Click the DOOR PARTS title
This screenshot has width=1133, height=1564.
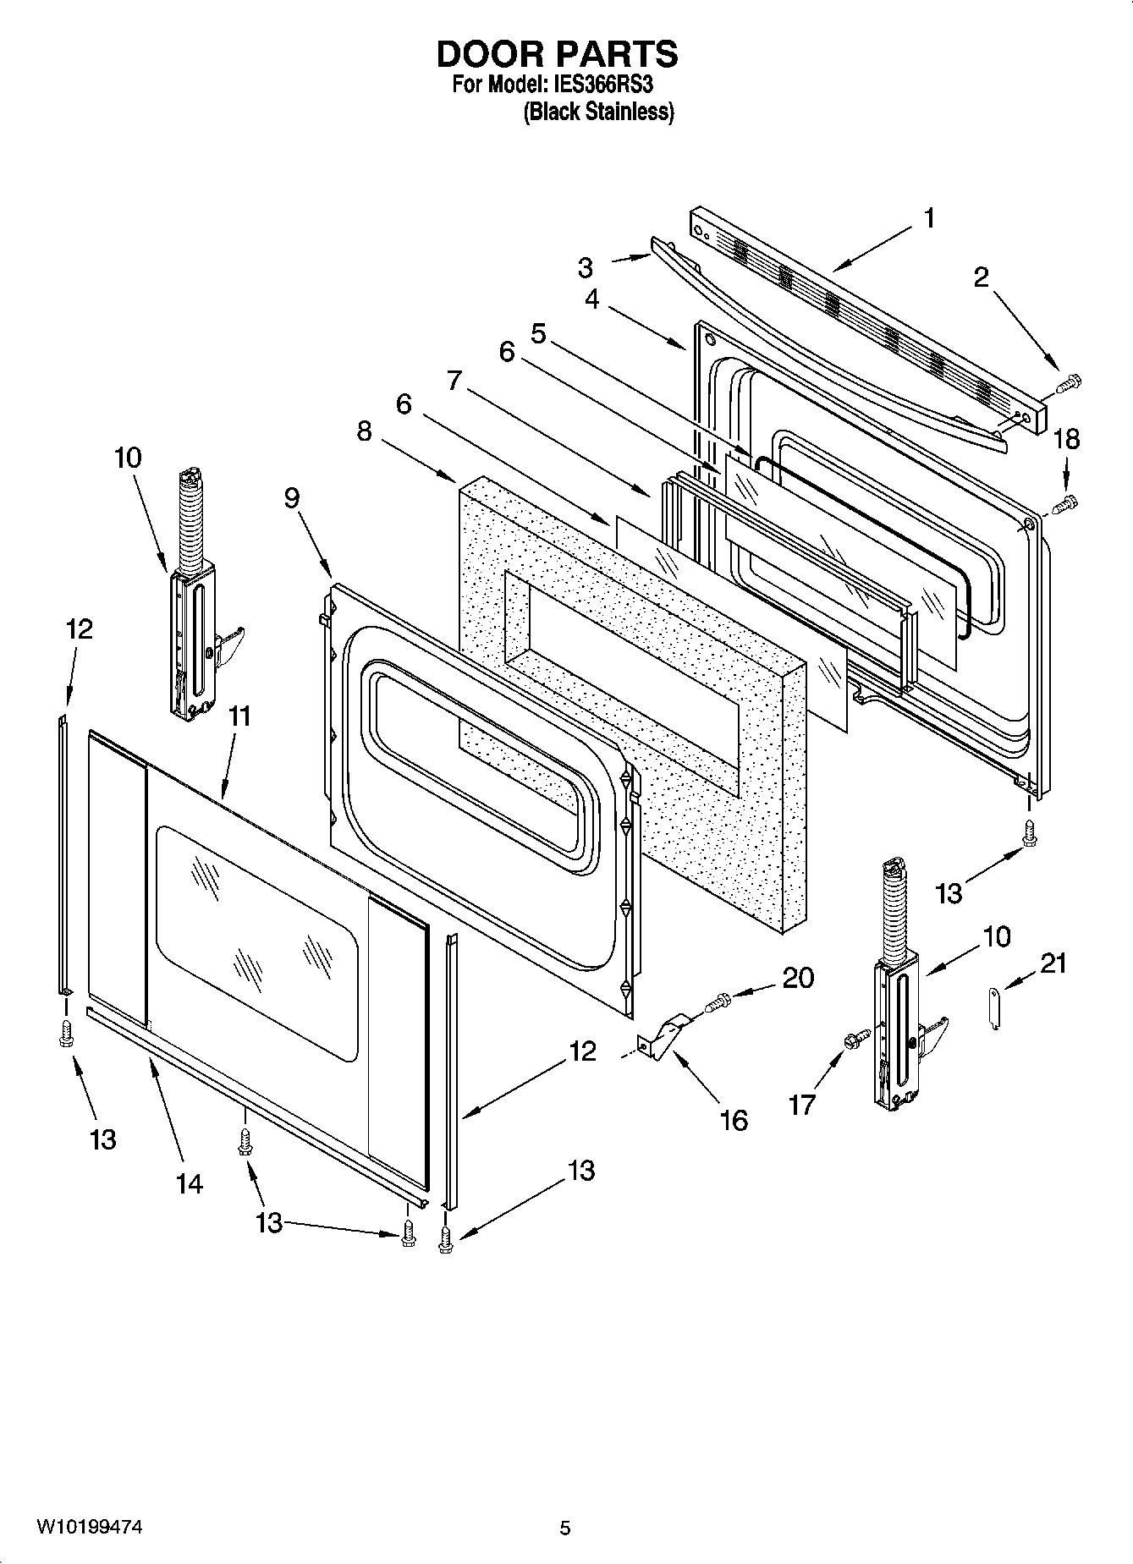[x=557, y=54]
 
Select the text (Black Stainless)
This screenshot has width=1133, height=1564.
[x=598, y=112]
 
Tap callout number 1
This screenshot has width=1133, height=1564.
[x=929, y=218]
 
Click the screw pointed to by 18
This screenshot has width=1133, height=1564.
[x=1065, y=505]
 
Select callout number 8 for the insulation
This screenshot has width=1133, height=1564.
[x=363, y=431]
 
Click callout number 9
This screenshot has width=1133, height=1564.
[x=291, y=497]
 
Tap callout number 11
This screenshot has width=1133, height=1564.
[x=239, y=716]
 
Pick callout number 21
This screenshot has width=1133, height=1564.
[x=1053, y=963]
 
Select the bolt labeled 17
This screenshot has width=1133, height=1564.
[x=855, y=1038]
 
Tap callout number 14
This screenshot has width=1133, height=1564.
[x=190, y=1183]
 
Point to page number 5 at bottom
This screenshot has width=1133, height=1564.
[x=565, y=1528]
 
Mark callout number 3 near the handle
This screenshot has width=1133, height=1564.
[x=586, y=267]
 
